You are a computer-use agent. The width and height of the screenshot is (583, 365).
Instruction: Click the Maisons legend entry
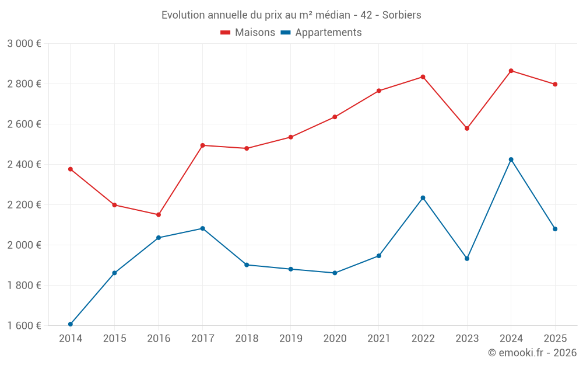248,33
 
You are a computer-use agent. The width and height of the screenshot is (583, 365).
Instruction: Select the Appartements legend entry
321,33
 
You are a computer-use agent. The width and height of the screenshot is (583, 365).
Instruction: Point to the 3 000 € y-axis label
24,44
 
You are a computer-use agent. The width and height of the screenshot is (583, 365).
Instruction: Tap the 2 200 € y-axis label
24,205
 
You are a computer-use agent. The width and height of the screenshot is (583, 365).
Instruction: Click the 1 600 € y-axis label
24,326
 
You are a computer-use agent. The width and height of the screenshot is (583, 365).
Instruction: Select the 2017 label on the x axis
202,338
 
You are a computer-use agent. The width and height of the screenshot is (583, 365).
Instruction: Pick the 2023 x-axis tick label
467,338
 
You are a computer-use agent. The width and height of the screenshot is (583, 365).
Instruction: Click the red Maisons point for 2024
511,71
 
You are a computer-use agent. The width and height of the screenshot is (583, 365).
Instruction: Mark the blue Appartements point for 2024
511,159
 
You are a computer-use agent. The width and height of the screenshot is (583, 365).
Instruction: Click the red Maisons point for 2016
159,215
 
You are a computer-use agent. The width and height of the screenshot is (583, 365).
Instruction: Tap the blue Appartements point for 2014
71,324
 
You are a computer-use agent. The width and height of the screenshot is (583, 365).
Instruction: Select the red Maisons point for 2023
467,128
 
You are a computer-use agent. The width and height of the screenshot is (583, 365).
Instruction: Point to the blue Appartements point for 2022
423,198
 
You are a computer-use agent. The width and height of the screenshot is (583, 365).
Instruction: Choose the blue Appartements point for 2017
202,228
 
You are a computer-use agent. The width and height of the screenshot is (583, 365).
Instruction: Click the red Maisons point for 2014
71,169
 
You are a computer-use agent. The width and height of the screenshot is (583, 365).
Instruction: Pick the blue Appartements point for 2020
335,273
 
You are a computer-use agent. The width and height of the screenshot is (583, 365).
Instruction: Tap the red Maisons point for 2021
379,91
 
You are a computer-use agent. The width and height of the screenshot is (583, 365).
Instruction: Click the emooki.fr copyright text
532,353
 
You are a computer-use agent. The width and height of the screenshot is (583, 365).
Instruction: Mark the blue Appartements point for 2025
555,229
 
